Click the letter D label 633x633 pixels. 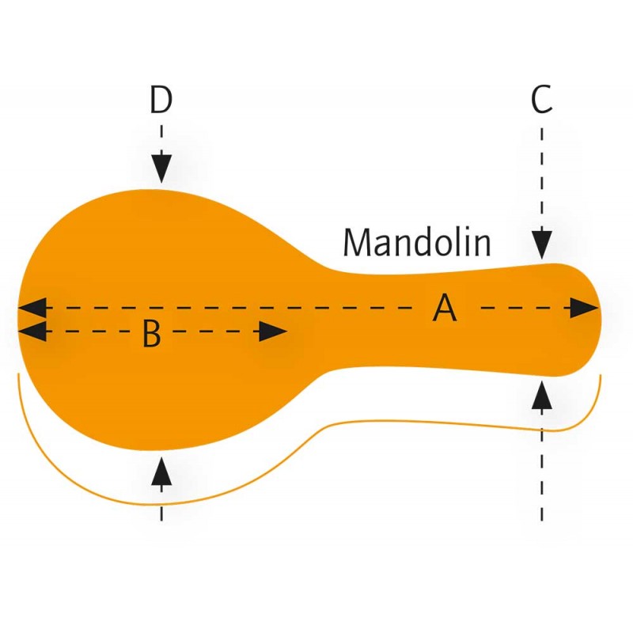click(x=161, y=100)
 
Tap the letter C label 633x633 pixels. click(x=541, y=100)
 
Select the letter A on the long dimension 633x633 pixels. click(x=445, y=308)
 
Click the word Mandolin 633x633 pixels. click(x=417, y=243)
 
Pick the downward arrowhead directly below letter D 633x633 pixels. click(x=161, y=168)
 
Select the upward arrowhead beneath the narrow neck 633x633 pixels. click(x=541, y=395)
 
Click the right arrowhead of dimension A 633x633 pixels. click(x=584, y=308)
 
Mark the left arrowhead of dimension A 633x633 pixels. click(x=32, y=307)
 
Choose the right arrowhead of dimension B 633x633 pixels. click(x=272, y=332)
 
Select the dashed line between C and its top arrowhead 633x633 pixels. click(x=541, y=174)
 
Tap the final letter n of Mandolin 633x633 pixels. click(x=481, y=244)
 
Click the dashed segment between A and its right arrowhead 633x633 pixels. click(x=514, y=308)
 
